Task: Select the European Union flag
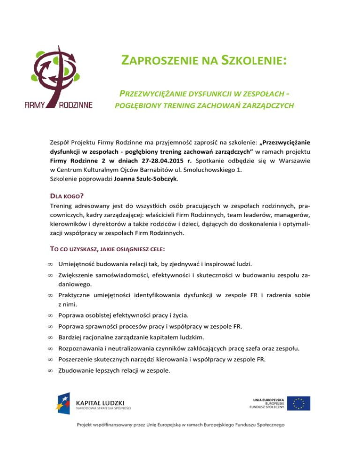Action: [x=299, y=403]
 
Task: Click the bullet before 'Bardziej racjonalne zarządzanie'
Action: [x=50, y=337]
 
